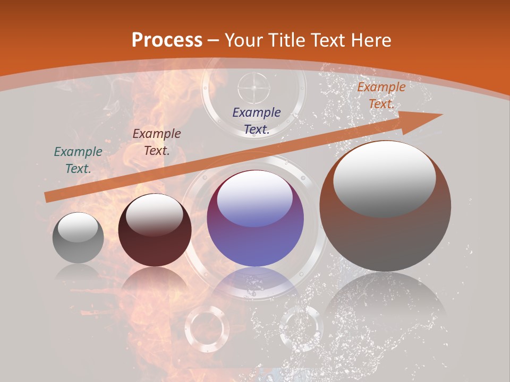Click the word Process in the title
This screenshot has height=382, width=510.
coord(167,40)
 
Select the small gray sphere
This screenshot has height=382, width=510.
coord(78,238)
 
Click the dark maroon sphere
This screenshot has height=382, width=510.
coord(155,230)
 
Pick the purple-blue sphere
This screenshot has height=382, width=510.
coord(256,219)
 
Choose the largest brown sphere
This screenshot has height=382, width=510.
coord(385,206)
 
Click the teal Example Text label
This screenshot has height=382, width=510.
coord(78,160)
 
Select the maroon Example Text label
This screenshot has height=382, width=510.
coord(157,142)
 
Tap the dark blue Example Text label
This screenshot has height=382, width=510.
coord(257,120)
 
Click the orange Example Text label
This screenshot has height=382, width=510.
coord(381,95)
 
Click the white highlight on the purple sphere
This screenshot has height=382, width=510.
coord(254,198)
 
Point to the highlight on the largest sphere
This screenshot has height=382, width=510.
coord(385,177)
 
